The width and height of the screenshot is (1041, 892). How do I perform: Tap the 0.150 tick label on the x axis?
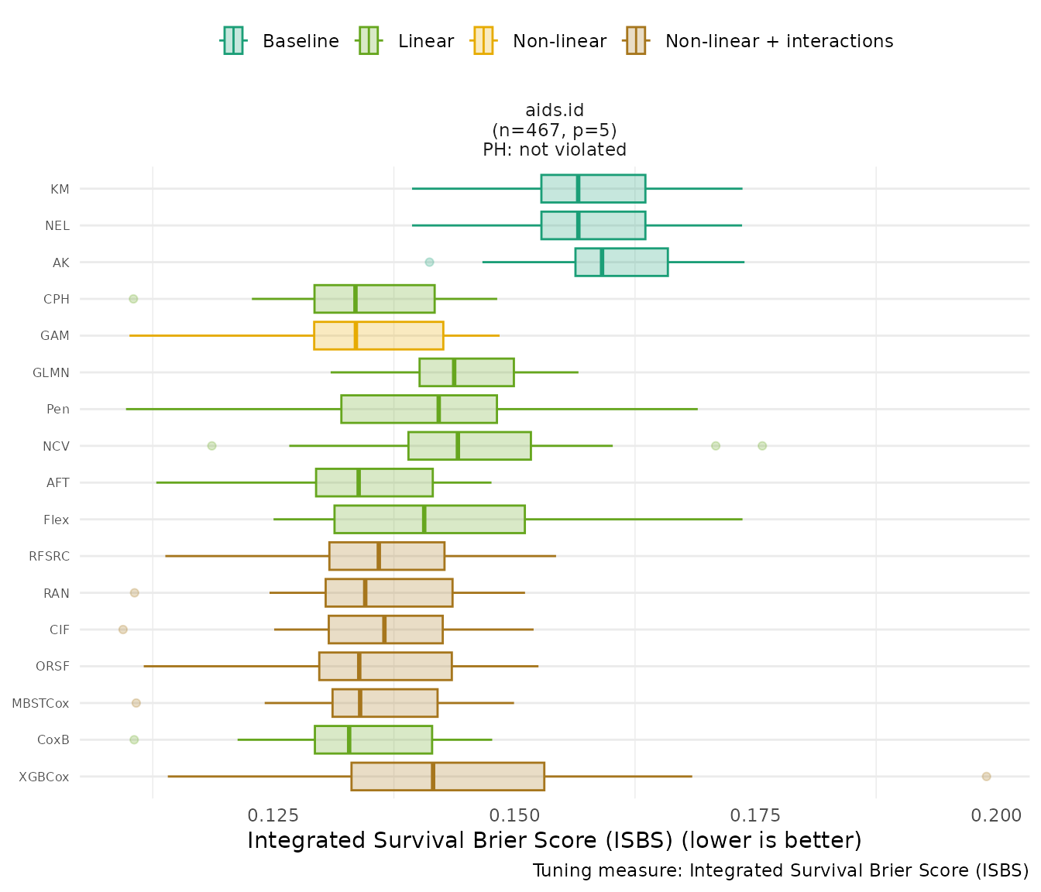coord(515,815)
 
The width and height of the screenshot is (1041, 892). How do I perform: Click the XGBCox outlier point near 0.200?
coord(986,777)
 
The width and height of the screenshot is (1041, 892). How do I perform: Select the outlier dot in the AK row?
coord(430,262)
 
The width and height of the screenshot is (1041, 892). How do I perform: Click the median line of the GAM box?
coord(356,336)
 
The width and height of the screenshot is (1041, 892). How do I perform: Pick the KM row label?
coord(60,189)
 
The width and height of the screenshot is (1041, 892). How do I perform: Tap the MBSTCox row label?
coord(40,704)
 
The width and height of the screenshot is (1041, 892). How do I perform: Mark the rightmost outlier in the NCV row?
coord(762,446)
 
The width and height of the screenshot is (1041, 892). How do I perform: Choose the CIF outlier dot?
coord(123,630)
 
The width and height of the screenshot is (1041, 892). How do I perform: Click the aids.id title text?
coord(555,111)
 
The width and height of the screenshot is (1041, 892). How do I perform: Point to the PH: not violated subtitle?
coord(555,149)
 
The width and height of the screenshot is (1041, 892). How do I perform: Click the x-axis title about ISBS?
coord(555,840)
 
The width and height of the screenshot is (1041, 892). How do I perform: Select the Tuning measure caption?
coord(781,870)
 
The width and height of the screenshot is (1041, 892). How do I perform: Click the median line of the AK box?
coord(602,262)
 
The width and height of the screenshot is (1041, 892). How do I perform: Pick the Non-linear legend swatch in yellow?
coord(483,41)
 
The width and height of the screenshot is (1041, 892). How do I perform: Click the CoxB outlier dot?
coord(134,740)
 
